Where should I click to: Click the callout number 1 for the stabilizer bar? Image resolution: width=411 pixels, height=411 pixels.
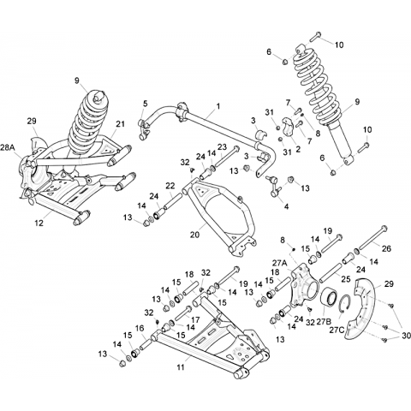pyautogui.click(x=218, y=107)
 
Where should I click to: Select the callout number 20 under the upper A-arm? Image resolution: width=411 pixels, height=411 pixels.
pyautogui.click(x=195, y=235)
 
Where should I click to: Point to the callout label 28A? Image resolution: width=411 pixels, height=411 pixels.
pyautogui.click(x=8, y=147)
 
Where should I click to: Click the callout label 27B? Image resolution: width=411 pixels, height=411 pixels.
pyautogui.click(x=325, y=322)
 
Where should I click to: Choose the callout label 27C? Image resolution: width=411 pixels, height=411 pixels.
pyautogui.click(x=337, y=330)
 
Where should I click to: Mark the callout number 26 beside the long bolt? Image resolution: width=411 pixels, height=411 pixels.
pyautogui.click(x=386, y=248)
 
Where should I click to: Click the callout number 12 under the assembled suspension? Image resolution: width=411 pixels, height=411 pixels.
pyautogui.click(x=39, y=223)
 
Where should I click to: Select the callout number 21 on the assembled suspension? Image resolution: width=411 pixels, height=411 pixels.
pyautogui.click(x=120, y=124)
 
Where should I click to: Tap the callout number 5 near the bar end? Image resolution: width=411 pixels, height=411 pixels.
pyautogui.click(x=146, y=104)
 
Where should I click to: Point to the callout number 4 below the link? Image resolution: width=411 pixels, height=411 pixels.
pyautogui.click(x=286, y=206)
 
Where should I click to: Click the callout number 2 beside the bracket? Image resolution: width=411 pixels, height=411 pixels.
pyautogui.click(x=298, y=149)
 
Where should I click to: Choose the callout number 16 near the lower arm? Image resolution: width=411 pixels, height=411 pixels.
pyautogui.click(x=140, y=329)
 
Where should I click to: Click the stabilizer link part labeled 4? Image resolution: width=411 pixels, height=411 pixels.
pyautogui.click(x=274, y=187)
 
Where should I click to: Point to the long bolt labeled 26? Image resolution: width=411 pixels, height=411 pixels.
pyautogui.click(x=372, y=239)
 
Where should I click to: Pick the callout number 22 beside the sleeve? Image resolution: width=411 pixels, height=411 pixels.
pyautogui.click(x=170, y=185)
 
